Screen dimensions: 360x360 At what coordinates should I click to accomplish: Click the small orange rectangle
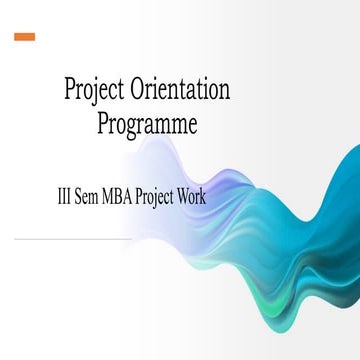click(x=25, y=37)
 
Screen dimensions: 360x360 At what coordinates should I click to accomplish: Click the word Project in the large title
click(x=96, y=91)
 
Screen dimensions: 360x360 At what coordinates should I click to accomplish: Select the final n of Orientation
click(x=225, y=92)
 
